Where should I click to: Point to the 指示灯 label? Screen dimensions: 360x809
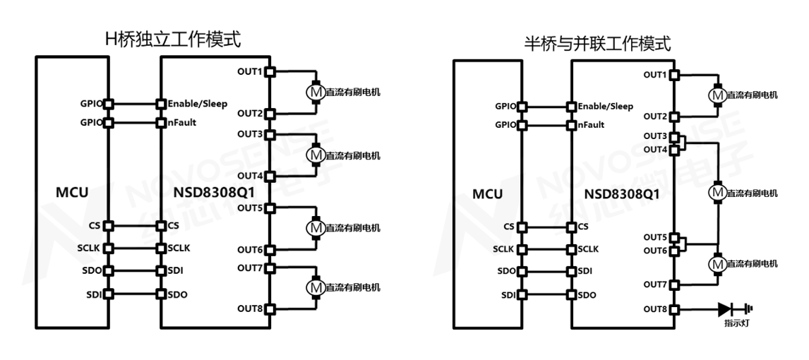(737, 323)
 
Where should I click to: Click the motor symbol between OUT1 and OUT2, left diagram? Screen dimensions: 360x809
(315, 92)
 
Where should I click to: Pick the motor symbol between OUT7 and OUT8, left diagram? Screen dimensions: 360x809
(315, 287)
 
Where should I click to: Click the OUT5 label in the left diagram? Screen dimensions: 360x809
(250, 208)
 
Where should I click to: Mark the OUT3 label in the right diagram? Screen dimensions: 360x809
(656, 136)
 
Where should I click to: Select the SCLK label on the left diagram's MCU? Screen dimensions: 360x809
(90, 248)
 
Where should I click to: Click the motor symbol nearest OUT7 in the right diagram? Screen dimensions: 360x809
(717, 263)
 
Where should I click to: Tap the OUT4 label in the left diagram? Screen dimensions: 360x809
(250, 175)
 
